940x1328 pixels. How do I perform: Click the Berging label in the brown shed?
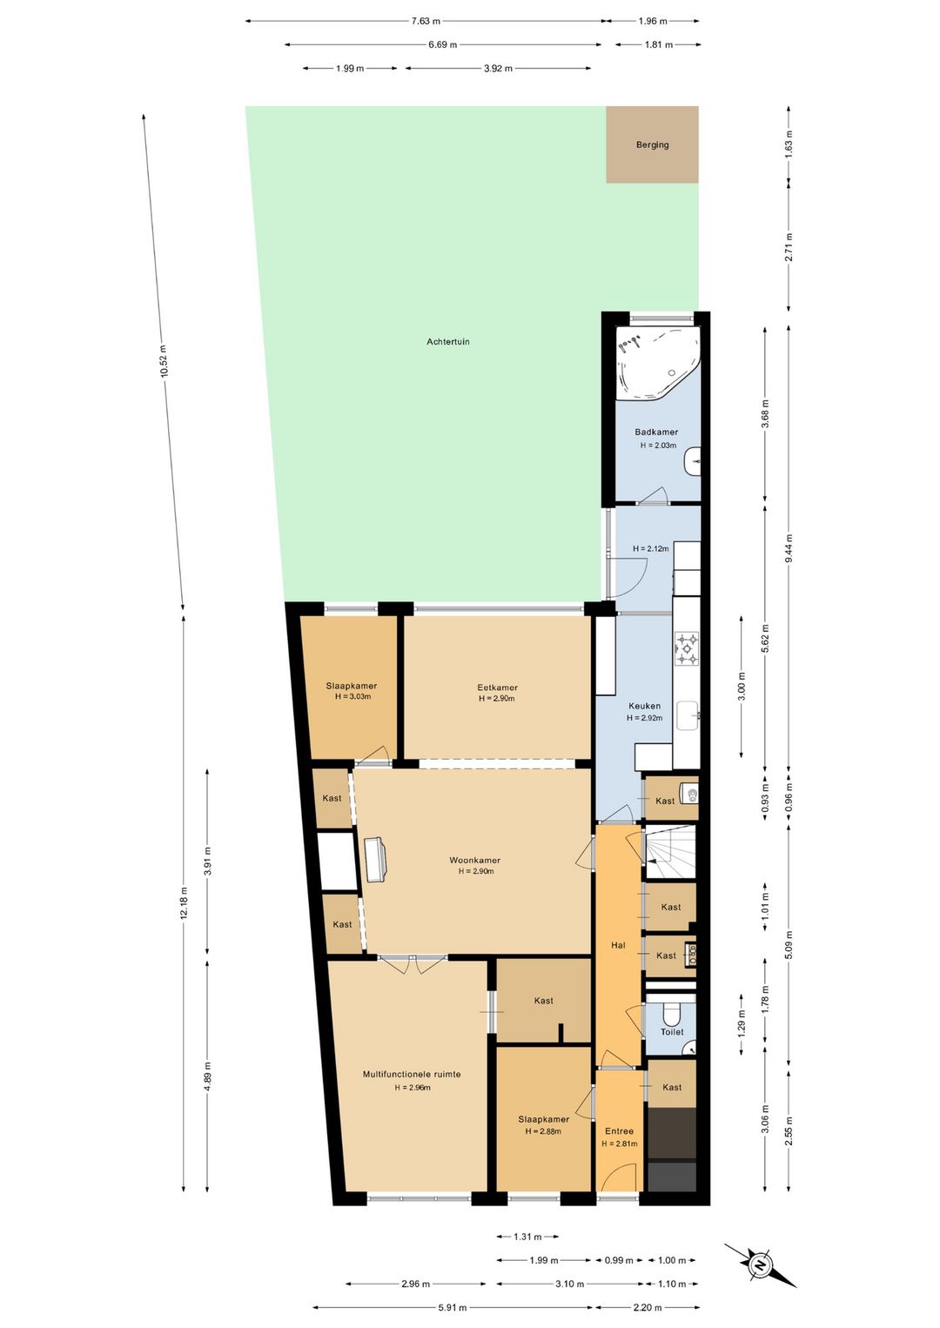[x=652, y=144]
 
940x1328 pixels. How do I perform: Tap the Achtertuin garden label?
[x=447, y=341]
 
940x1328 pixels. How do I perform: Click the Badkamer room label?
[x=656, y=433]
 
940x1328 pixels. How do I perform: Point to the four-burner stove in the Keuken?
[x=687, y=648]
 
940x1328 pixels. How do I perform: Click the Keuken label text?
[x=644, y=706]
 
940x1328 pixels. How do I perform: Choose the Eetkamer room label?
[x=497, y=687]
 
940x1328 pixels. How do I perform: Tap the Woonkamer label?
[x=474, y=860]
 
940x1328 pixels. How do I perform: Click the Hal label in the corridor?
[x=618, y=945]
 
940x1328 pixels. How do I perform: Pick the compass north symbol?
[x=760, y=1263]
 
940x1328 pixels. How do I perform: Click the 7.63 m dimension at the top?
[x=426, y=22]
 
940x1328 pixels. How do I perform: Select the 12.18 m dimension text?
[x=184, y=903]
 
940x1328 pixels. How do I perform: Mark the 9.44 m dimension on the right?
[x=789, y=550]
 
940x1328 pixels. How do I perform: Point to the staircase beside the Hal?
[x=669, y=852]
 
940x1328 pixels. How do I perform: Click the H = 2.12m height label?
[x=650, y=548]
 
